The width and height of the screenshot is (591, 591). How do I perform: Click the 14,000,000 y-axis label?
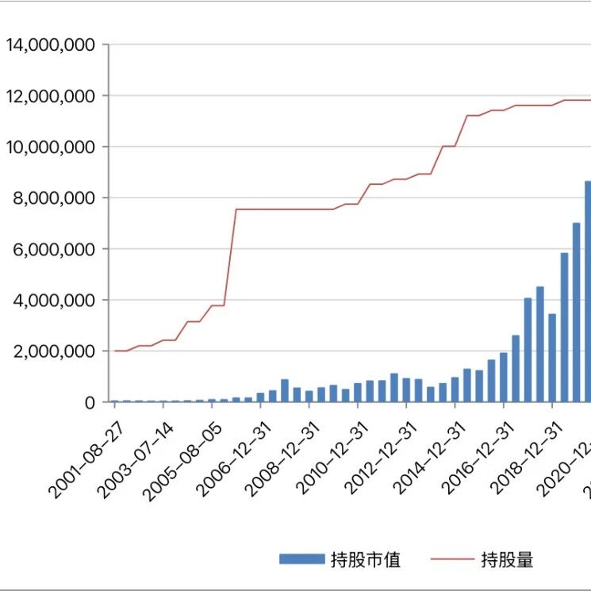[50, 45]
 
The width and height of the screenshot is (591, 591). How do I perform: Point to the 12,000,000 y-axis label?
[50, 96]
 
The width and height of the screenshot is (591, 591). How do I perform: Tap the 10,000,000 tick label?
[50, 147]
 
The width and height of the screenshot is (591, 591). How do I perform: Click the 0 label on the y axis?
[90, 402]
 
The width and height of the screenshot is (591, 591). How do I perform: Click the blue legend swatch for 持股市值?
[301, 559]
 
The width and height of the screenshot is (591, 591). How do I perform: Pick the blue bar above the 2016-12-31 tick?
[504, 378]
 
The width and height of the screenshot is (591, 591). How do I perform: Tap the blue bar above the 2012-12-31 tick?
[406, 390]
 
